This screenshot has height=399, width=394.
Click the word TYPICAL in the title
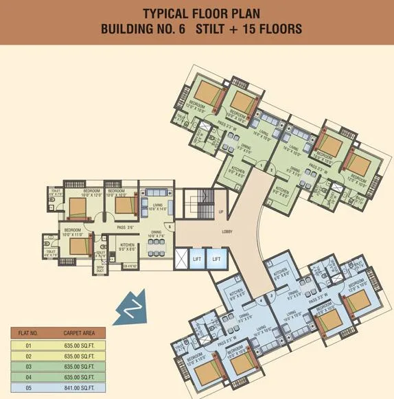166,14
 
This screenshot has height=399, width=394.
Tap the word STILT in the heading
205,29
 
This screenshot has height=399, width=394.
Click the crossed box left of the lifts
181,258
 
